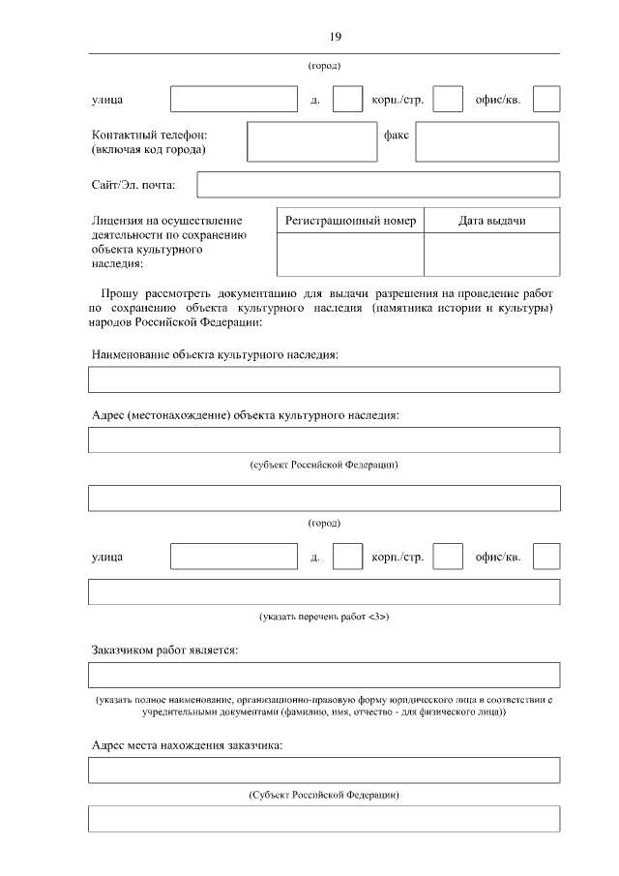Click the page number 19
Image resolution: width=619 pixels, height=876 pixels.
point(334,37)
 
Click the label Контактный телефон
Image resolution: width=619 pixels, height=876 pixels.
point(150,135)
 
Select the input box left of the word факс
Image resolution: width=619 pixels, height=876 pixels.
point(309,141)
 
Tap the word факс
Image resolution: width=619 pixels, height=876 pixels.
point(397,135)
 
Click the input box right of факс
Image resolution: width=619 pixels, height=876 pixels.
point(487,141)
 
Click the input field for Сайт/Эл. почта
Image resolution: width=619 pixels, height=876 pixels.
point(378,184)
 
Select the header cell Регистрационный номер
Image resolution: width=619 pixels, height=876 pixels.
point(350,221)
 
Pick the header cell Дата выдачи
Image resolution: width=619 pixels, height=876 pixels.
point(491,221)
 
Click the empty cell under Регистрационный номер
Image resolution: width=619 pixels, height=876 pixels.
point(350,256)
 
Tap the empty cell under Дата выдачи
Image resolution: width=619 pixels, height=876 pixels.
point(491,256)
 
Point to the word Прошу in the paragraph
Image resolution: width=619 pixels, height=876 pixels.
point(121,293)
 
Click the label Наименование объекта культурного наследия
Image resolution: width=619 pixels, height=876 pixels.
point(215,355)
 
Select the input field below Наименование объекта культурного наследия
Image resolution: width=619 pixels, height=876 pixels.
point(324,379)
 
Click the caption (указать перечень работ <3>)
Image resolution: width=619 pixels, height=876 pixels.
point(324,617)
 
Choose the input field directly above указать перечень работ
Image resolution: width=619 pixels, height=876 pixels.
point(324,591)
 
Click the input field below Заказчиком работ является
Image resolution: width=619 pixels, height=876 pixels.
point(324,675)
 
